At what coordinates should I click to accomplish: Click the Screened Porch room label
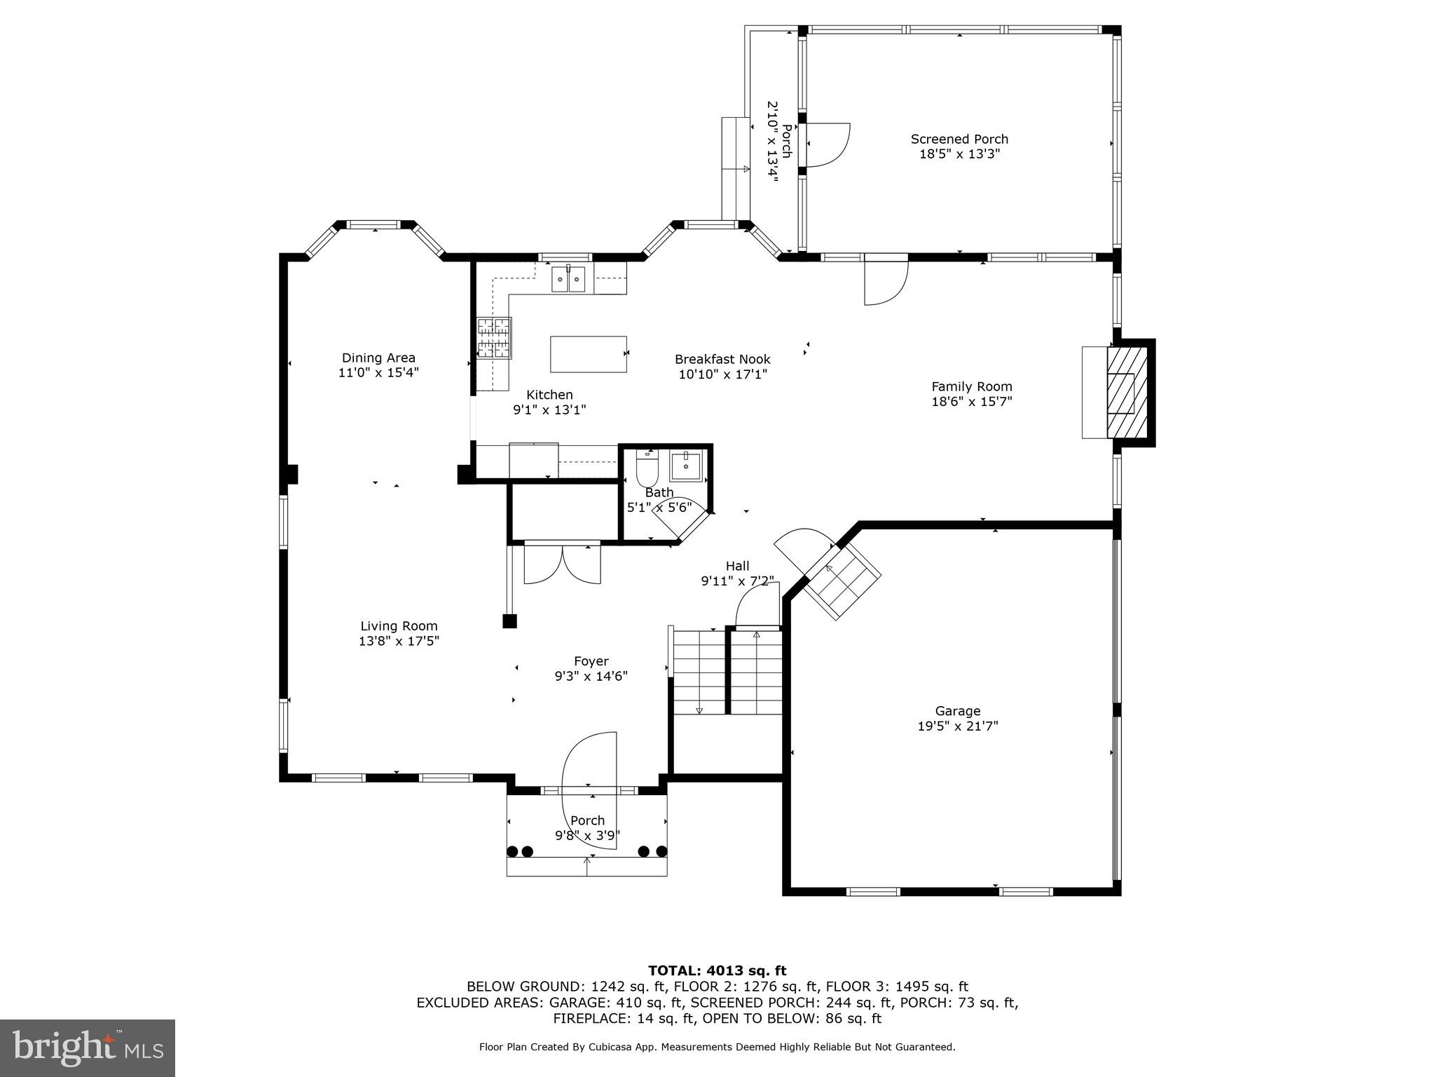959,139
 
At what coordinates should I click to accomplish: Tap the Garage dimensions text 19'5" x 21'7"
958,726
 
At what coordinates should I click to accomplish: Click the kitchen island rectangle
588,354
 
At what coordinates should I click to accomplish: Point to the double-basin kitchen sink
568,280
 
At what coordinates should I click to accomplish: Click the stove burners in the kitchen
494,338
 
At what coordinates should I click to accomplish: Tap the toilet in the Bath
647,468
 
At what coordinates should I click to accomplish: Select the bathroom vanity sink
685,466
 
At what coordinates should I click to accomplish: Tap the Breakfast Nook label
722,359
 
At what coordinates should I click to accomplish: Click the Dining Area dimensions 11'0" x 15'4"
378,372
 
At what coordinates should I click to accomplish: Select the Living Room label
399,626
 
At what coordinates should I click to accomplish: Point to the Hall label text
737,566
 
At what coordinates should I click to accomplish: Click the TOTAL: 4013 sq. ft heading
717,970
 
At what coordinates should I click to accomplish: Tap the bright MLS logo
88,1048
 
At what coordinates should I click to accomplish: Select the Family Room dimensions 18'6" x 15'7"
971,402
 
